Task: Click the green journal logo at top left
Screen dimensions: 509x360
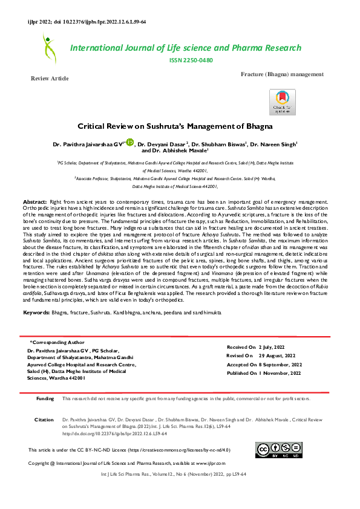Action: [48, 48]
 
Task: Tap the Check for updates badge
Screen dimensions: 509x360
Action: [282, 102]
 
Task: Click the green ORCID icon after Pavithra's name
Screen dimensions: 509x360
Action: [129, 143]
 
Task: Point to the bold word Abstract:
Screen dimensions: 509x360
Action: [35, 200]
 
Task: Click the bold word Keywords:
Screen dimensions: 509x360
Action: [40, 313]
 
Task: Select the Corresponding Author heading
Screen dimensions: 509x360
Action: [58, 343]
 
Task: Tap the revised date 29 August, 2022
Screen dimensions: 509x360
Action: [277, 356]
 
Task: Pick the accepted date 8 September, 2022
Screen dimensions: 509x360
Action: [280, 365]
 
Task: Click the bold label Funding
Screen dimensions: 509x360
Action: [45, 399]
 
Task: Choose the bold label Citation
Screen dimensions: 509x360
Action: [44, 419]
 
